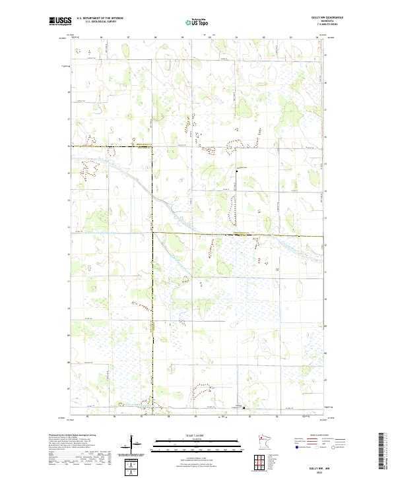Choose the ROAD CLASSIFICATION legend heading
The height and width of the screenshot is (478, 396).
click(x=319, y=436)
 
